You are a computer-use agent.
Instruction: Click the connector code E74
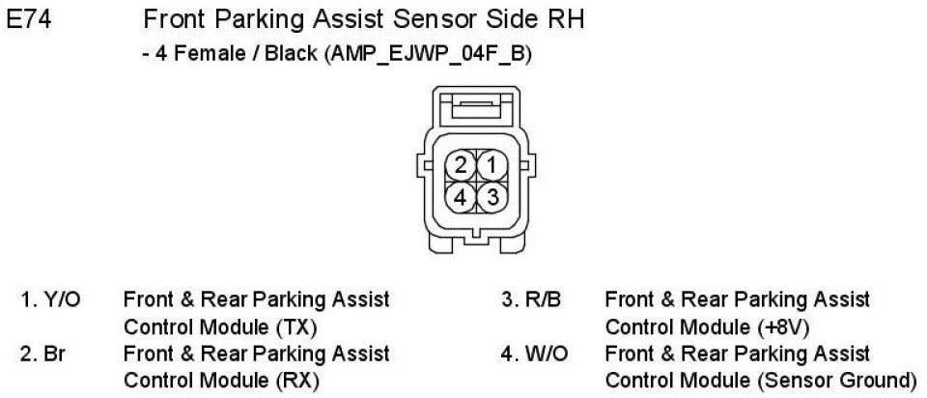click(x=29, y=19)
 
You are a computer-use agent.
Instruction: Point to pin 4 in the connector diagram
click(x=462, y=197)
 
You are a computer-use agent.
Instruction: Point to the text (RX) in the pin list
click(x=298, y=380)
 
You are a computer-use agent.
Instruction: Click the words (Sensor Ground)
click(x=839, y=380)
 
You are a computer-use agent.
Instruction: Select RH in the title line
click(x=564, y=19)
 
